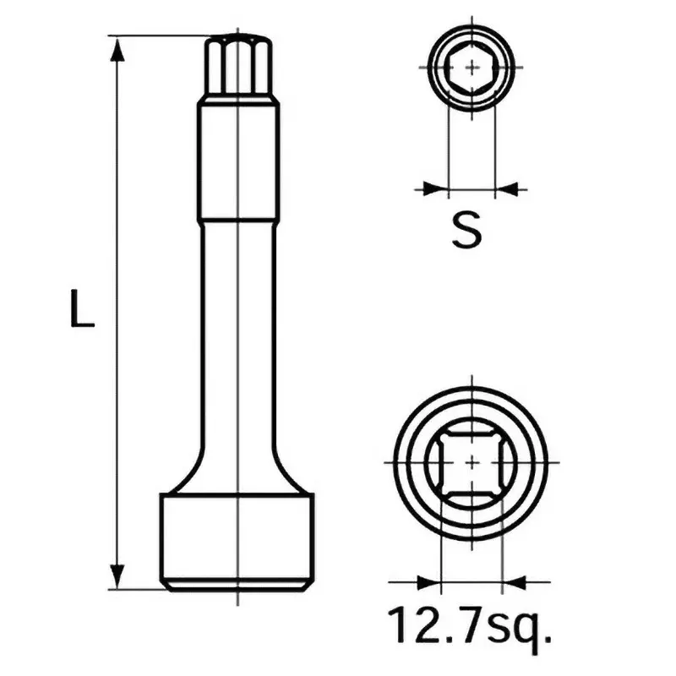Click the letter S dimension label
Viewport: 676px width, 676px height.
pyautogui.click(x=466, y=229)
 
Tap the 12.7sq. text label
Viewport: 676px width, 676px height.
pyautogui.click(x=470, y=625)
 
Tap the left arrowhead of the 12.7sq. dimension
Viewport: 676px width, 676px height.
pyautogui.click(x=429, y=581)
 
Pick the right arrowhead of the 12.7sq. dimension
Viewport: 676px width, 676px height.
pyautogui.click(x=513, y=581)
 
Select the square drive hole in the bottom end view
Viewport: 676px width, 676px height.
pyautogui.click(x=471, y=462)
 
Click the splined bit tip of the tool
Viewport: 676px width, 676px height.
pyautogui.click(x=239, y=68)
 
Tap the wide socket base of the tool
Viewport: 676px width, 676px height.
pyautogui.click(x=239, y=541)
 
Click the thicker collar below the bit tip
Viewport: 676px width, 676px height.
pyautogui.click(x=239, y=161)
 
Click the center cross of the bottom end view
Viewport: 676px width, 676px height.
pyautogui.click(x=471, y=462)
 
